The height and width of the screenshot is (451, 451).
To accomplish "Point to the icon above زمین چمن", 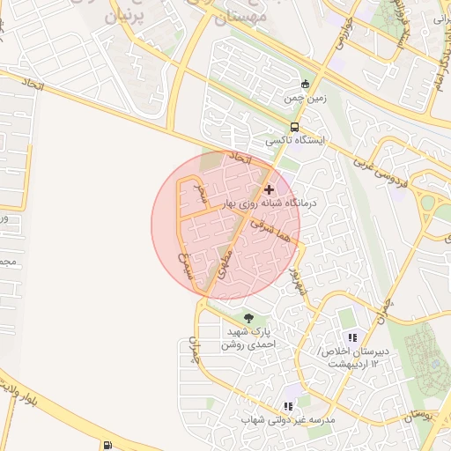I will click(306, 85).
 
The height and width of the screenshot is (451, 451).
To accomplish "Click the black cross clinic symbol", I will click(269, 189).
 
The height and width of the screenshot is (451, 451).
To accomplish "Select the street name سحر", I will click(202, 193).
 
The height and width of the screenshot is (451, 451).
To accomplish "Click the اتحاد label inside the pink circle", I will click(240, 159).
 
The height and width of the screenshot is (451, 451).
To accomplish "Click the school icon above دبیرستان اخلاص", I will click(352, 337).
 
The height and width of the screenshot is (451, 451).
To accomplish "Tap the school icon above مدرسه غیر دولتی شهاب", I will click(288, 407).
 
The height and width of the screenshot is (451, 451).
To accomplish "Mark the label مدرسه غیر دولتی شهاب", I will click(289, 422).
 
